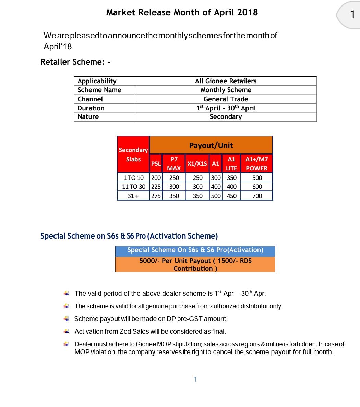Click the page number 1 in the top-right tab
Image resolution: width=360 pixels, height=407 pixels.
(352, 15)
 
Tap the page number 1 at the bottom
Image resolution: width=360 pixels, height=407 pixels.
(195, 379)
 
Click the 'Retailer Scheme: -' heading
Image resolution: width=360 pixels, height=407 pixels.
(75, 62)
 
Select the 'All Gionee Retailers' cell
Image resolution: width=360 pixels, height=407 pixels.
(226, 81)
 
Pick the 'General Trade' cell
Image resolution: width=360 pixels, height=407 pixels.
(226, 99)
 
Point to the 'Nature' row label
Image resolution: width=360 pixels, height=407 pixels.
(88, 117)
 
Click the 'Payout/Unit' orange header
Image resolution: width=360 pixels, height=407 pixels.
(211, 145)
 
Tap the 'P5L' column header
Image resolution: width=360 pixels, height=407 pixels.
(156, 164)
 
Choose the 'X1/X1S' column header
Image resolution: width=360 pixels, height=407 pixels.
(197, 164)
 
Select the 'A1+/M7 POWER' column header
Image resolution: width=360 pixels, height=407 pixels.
(256, 163)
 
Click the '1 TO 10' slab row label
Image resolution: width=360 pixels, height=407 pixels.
(133, 178)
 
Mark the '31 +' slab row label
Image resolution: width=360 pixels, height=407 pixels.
(133, 196)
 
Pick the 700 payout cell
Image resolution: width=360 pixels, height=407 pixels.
(257, 196)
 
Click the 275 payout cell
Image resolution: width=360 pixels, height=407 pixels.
(156, 196)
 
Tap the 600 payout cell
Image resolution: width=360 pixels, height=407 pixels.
(257, 187)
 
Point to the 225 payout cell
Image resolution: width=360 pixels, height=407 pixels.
(156, 187)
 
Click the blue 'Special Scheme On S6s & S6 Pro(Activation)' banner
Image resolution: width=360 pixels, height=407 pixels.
(195, 250)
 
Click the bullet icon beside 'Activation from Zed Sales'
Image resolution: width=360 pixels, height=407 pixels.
(67, 331)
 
